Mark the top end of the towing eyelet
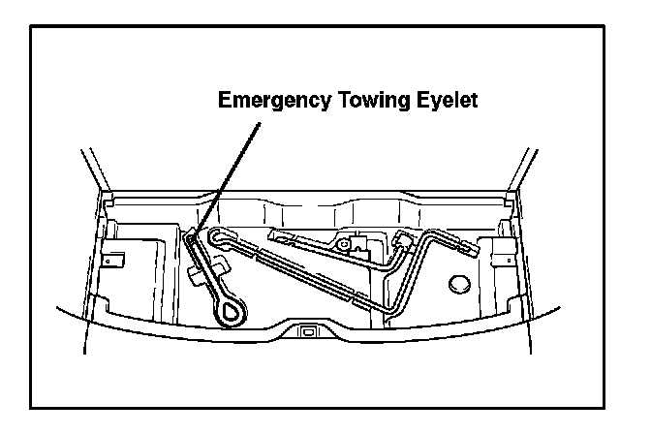coord(194,234)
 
